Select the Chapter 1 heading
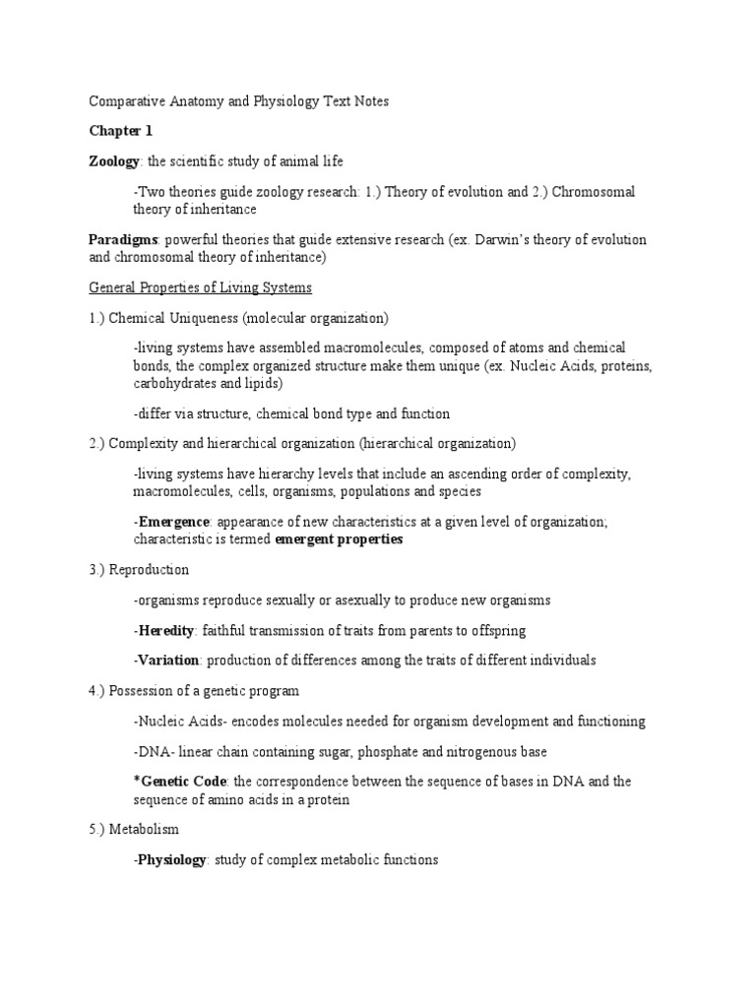coord(121,131)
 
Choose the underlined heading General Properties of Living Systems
coord(201,287)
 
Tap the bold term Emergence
coord(173,522)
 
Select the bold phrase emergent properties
coord(339,539)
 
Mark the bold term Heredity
coord(166,630)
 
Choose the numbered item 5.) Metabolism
coord(134,830)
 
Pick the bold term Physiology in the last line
coord(171,860)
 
